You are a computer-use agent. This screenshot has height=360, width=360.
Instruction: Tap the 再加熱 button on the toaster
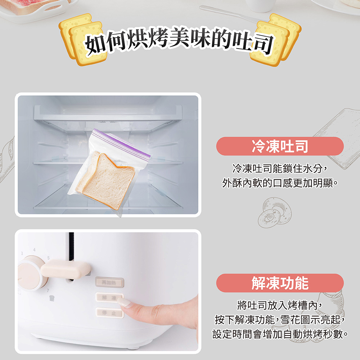(x=109, y=282)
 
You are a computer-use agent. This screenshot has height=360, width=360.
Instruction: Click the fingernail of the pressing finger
(x=124, y=302)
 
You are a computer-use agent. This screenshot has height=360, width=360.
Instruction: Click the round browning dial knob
(x=31, y=273)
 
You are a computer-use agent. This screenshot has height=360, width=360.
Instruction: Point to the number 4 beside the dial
(x=35, y=249)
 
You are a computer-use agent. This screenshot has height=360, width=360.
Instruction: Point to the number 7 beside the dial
(x=48, y=291)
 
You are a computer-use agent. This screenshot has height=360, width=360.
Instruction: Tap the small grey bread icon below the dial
(x=52, y=298)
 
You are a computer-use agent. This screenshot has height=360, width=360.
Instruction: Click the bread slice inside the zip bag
(x=105, y=180)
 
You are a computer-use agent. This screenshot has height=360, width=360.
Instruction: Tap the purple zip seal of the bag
(x=122, y=142)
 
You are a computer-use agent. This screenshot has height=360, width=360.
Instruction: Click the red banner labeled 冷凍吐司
(x=280, y=146)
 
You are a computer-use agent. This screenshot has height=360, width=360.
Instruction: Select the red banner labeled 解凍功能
(x=280, y=283)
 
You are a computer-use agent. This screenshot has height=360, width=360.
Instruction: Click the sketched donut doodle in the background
(x=274, y=212)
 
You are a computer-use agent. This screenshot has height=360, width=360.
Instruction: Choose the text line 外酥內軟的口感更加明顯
(x=279, y=183)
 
